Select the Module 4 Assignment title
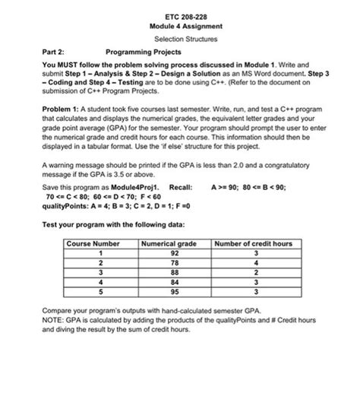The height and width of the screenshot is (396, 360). click(181, 26)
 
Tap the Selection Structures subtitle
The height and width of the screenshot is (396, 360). click(181, 39)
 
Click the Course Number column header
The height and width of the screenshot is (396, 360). click(93, 244)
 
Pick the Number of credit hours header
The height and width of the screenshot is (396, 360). click(253, 244)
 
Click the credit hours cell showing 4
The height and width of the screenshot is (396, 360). click(256, 262)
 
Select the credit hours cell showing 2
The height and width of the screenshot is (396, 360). click(256, 271)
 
